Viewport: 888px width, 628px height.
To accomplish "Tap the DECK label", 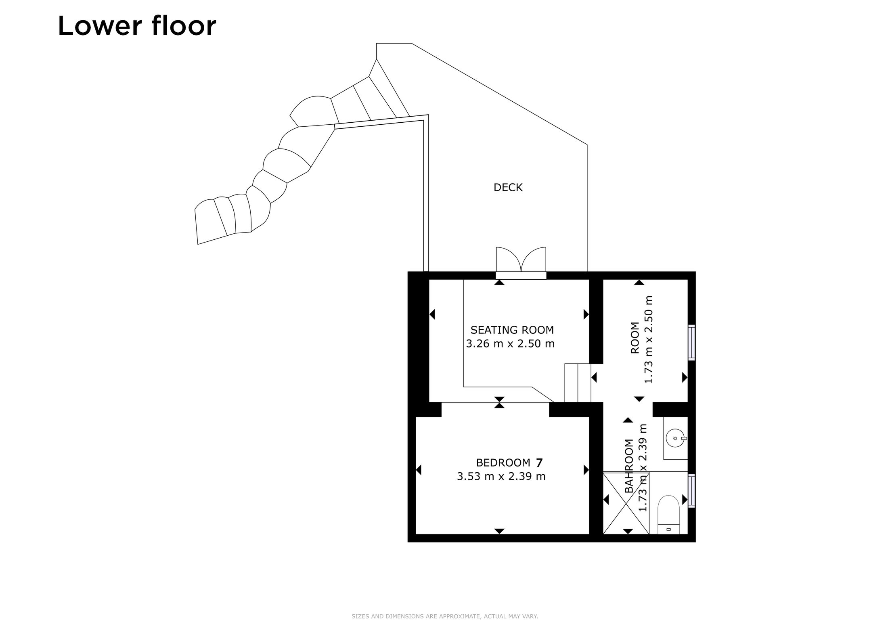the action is pos(508,187).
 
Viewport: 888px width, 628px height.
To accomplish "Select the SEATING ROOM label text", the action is pos(512,330).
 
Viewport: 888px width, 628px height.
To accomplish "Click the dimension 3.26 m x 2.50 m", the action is pos(510,344).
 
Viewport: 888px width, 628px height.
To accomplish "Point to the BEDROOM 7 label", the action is pos(509,462).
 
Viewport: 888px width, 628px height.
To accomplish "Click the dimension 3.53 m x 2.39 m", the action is pos(501,477).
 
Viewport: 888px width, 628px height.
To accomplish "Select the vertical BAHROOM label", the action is pos(629,466).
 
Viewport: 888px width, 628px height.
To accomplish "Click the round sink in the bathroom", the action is pos(675,438).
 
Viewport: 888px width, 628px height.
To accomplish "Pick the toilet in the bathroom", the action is pos(669,515).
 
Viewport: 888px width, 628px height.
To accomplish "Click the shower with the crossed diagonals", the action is pos(626,503).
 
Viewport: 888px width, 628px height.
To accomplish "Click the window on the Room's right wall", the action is pos(692,343).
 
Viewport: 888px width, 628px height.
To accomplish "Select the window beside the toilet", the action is pos(692,491).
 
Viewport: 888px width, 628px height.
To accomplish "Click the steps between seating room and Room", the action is pos(578,383).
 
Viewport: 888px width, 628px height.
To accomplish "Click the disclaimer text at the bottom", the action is pos(445,616).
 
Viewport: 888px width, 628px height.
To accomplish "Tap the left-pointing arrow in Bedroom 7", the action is pos(419,470).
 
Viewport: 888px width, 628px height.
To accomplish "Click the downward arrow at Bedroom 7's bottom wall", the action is pos(499,531).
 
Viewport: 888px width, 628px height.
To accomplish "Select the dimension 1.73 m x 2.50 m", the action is pos(649,339).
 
